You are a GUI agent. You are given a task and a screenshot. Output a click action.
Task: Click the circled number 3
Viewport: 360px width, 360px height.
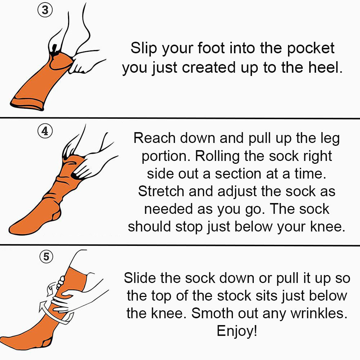[45, 10]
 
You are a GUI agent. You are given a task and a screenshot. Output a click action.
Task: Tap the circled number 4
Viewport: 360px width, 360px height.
[45, 131]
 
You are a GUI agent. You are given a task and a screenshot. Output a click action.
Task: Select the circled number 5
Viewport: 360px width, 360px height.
[46, 256]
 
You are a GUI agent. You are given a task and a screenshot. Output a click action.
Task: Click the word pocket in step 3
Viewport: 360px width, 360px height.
[311, 49]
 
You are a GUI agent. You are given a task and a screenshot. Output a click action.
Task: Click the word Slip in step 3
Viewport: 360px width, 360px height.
[144, 49]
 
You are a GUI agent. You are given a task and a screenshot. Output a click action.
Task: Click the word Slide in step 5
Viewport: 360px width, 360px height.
[140, 278]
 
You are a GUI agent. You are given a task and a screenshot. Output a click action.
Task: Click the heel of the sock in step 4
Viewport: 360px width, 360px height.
[56, 215]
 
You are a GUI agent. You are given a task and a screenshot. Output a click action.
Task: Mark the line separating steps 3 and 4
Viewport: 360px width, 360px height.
[180, 118]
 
